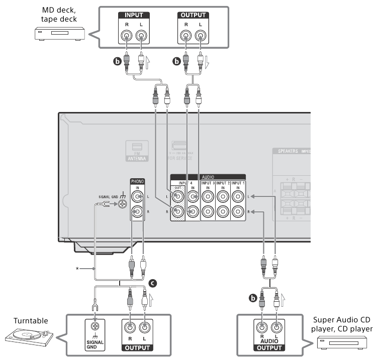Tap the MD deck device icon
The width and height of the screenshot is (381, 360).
point(56,34)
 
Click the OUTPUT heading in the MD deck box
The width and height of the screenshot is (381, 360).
point(194,16)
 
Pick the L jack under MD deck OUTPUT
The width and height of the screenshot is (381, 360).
point(201,37)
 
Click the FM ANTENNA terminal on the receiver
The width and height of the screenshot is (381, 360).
point(137,151)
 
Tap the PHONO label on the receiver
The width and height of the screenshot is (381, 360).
point(137,181)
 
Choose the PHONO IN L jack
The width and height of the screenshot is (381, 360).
point(137,196)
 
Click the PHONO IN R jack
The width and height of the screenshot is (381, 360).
point(137,213)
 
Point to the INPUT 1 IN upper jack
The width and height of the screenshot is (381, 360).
point(238,196)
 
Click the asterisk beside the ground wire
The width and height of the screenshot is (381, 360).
point(78,269)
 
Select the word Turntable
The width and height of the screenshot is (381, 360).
point(31,320)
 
